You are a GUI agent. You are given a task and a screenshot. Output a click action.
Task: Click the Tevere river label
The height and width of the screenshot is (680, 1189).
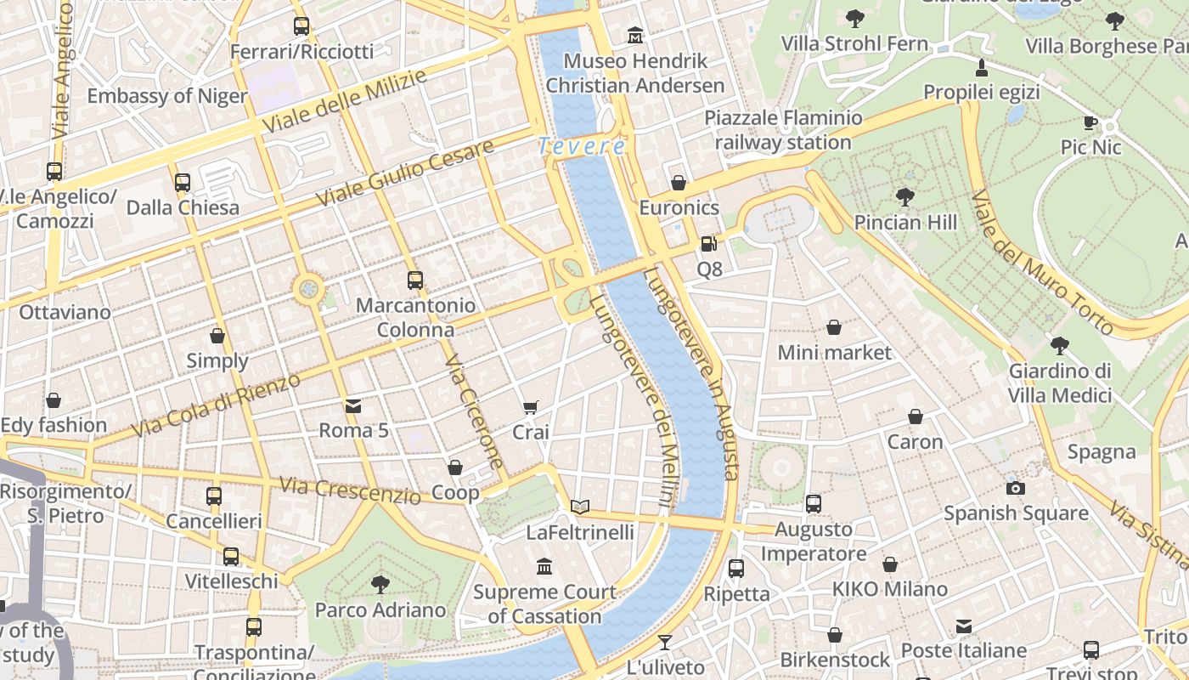tap(583, 146)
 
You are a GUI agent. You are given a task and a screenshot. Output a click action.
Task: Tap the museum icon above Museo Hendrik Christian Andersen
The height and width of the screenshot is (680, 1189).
tap(635, 36)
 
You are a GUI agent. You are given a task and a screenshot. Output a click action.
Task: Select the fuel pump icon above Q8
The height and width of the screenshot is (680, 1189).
tap(708, 245)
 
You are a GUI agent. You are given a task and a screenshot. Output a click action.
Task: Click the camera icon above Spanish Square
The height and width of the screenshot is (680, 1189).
tap(1015, 488)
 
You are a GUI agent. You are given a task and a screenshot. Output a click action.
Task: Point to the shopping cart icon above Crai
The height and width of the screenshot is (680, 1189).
tap(531, 408)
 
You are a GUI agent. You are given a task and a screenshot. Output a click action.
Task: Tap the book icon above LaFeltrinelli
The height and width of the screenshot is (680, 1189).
tap(580, 507)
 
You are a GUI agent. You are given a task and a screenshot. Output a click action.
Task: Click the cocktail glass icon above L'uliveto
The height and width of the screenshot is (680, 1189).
tap(665, 643)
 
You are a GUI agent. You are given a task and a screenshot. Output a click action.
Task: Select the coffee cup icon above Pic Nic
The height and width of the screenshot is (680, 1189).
tap(1091, 123)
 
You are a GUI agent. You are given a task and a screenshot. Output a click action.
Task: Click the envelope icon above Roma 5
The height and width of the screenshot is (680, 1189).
tap(353, 406)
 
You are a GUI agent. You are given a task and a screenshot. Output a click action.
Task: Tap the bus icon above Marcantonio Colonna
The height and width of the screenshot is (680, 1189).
tap(415, 280)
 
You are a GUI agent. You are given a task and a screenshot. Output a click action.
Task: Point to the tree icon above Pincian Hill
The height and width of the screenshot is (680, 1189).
tap(905, 197)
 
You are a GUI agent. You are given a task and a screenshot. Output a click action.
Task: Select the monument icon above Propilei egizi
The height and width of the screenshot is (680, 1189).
tap(982, 67)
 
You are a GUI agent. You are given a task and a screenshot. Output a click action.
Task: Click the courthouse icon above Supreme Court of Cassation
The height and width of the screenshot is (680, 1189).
tap(544, 566)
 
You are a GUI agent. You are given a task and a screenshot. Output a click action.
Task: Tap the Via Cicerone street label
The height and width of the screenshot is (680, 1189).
tap(475, 411)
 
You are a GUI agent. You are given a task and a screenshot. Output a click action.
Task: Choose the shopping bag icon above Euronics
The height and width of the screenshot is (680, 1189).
tap(679, 183)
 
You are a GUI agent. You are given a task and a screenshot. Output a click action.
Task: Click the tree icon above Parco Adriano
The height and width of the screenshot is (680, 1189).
tap(380, 584)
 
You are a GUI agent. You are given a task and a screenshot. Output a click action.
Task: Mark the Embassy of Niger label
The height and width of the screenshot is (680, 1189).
tap(167, 96)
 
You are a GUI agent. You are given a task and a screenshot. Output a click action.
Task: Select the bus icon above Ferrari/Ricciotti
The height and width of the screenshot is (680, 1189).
tap(301, 26)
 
